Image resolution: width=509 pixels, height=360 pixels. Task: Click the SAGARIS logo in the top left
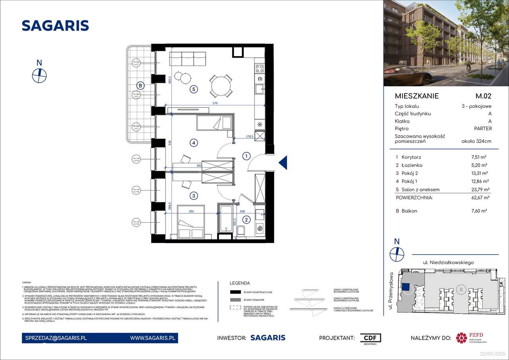tap(55, 25)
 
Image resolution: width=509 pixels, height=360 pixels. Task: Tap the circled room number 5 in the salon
tap(194, 90)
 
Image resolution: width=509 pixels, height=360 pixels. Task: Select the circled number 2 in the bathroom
tap(247, 219)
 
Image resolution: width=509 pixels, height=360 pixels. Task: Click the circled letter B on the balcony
tap(140, 85)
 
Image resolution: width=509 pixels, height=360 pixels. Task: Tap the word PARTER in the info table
tap(482, 128)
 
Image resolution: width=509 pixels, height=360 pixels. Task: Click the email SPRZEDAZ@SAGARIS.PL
tap(54, 338)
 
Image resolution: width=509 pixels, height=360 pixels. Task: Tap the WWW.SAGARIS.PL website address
tap(153, 338)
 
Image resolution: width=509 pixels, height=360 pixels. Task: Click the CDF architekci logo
tap(370, 339)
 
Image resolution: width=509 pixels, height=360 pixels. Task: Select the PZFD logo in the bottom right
tap(472, 338)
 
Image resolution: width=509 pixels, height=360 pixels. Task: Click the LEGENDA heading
tap(240, 283)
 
